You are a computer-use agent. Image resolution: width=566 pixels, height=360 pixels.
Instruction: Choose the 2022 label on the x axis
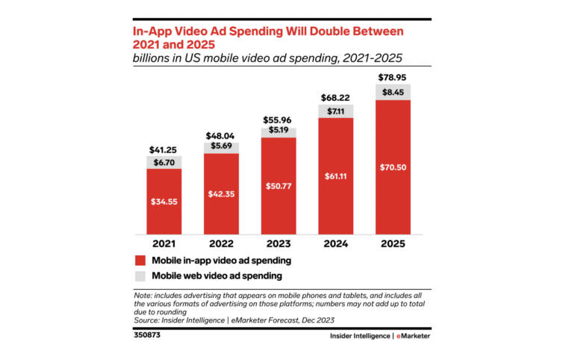pos(221,243)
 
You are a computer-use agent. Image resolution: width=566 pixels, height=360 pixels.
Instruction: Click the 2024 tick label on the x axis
pos(336,243)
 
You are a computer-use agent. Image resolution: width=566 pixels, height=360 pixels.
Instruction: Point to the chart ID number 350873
pos(146,335)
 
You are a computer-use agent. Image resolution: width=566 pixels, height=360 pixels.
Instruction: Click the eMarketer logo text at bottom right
pos(412,336)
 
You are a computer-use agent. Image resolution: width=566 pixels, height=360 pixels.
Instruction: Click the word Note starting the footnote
pos(143,297)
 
